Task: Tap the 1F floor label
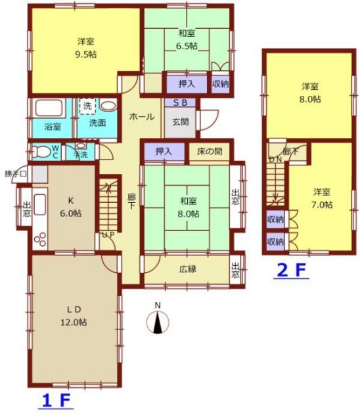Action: [x=56, y=401]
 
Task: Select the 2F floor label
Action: [x=291, y=271]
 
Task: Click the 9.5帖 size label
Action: [x=86, y=54]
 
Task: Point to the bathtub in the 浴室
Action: [x=49, y=108]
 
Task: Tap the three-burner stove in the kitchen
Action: [x=40, y=239]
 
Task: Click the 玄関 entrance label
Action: [x=181, y=122]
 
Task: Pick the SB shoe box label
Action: [x=180, y=102]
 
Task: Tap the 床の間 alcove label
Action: [x=210, y=152]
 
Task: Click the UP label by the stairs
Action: [x=108, y=235]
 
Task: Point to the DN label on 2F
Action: [x=275, y=159]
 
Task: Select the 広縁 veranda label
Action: [x=188, y=269]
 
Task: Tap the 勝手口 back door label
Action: [x=16, y=174]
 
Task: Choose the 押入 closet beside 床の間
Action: [x=164, y=152]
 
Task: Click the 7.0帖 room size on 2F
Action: [x=322, y=205]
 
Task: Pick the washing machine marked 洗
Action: [x=87, y=106]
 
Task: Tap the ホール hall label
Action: [x=142, y=117]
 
